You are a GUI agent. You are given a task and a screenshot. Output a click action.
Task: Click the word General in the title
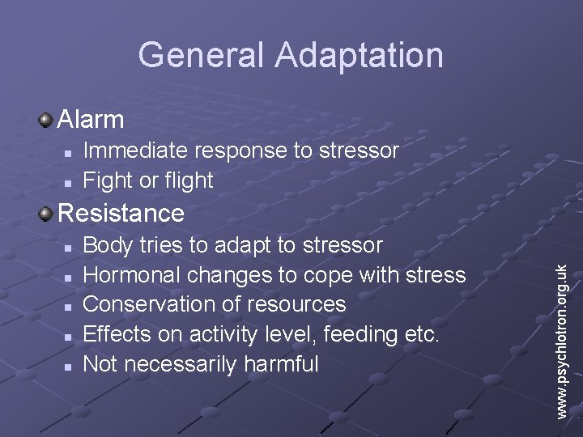click(202, 55)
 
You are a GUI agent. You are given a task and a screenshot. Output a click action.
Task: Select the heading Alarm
click(91, 120)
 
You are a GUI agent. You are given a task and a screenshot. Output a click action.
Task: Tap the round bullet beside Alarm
click(46, 121)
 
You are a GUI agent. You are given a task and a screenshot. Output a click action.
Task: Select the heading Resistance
click(121, 213)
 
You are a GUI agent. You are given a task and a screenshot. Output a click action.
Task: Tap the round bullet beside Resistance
click(46, 214)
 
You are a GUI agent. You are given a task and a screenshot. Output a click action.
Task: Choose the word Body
click(106, 244)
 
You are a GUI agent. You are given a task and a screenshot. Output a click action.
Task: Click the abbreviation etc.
click(421, 334)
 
